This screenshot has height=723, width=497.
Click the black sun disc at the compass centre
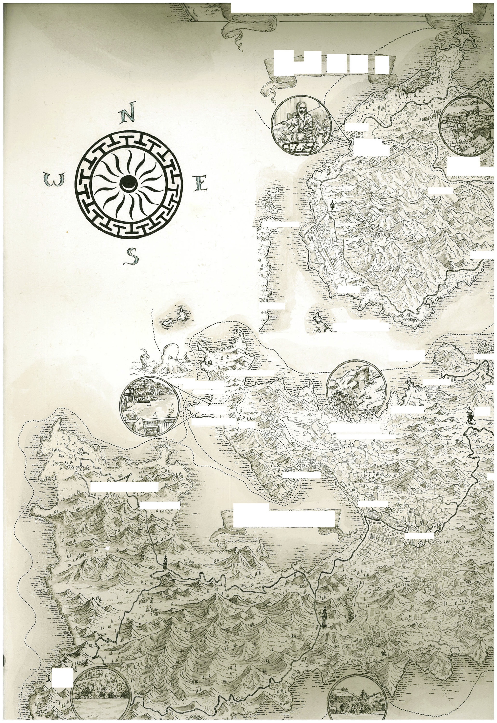coord(129,183)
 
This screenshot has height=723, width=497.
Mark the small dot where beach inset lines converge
coord(210,404)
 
